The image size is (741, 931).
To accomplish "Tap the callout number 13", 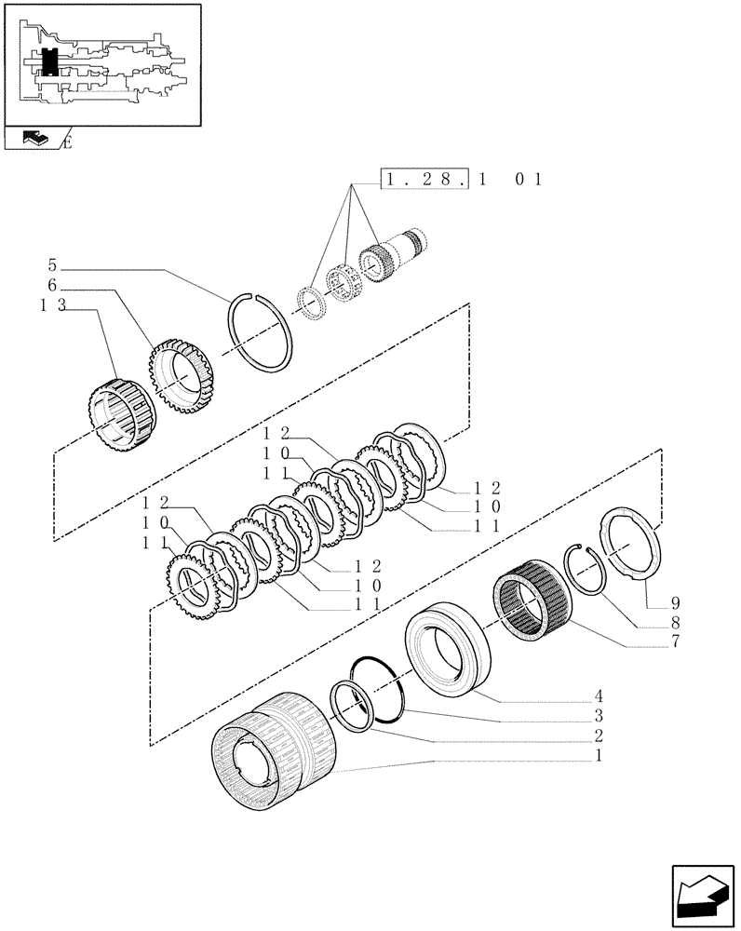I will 53,309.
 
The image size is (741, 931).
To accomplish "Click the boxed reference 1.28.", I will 425,178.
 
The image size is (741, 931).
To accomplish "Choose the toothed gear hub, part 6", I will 182,376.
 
